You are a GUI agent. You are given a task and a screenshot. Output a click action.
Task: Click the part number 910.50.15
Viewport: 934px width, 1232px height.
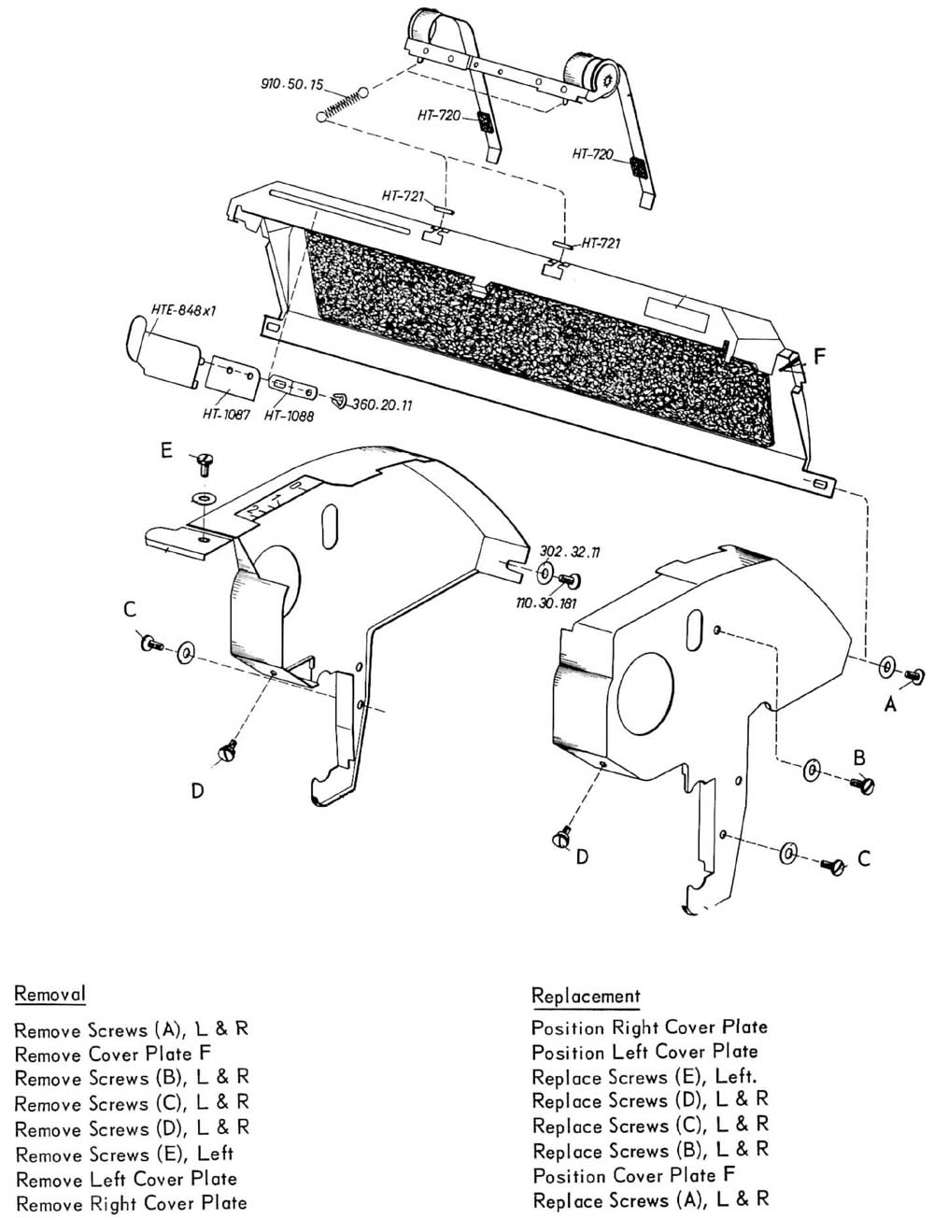point(291,84)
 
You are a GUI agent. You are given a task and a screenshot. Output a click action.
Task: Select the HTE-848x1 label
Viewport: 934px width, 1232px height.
point(183,311)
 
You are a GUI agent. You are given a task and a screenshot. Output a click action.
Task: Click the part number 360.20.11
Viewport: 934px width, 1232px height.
point(380,405)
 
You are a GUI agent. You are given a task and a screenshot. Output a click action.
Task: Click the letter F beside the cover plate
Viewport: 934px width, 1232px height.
point(819,356)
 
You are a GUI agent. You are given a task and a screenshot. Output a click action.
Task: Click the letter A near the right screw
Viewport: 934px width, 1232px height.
point(890,703)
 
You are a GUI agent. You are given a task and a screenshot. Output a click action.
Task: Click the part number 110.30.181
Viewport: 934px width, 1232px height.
point(546,603)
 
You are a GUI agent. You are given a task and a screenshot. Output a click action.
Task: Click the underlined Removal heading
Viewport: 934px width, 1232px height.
point(50,993)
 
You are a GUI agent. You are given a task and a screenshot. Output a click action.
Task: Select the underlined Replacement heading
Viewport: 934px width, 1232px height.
point(586,996)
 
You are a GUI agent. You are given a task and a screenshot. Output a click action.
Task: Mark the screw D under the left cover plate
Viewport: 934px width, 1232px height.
point(226,752)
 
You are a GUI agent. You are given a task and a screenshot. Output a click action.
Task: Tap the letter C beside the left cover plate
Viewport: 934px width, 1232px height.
point(130,609)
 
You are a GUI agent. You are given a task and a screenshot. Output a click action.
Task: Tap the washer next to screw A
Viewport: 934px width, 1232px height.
point(886,667)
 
